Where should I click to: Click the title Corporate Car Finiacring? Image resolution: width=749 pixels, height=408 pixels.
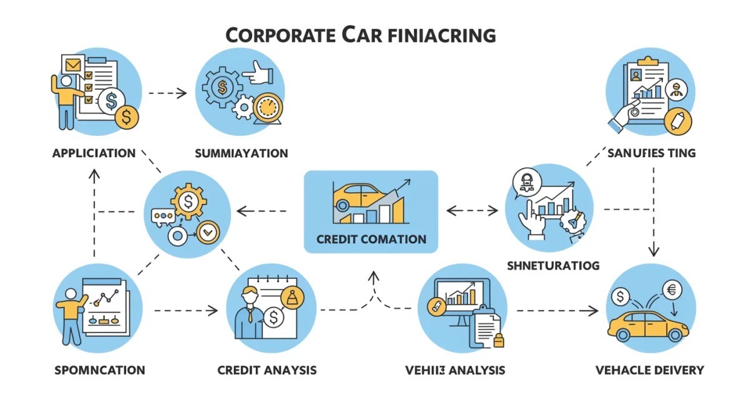pyautogui.click(x=360, y=35)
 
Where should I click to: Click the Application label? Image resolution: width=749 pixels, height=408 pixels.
pyautogui.click(x=94, y=153)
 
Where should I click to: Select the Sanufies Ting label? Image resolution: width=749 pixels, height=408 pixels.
pyautogui.click(x=651, y=153)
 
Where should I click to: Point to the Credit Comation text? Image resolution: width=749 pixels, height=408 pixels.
pyautogui.click(x=371, y=239)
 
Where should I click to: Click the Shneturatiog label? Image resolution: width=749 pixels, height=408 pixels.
pyautogui.click(x=554, y=265)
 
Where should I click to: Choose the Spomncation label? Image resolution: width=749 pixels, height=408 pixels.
pyautogui.click(x=99, y=370)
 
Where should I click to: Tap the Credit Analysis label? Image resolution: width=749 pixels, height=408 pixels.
pyautogui.click(x=267, y=370)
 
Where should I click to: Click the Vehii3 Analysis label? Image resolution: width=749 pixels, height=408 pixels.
pyautogui.click(x=454, y=370)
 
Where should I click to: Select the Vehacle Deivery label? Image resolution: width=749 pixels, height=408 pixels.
pyautogui.click(x=649, y=370)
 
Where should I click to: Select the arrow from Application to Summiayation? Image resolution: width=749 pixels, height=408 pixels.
pyautogui.click(x=167, y=94)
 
